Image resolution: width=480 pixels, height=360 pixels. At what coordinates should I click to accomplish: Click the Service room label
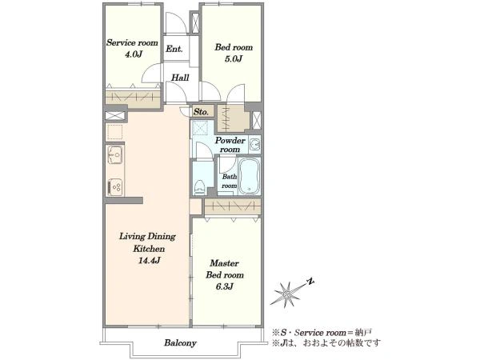pos(132,42)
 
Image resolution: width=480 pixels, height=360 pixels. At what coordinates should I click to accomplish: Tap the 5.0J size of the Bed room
pos(234,58)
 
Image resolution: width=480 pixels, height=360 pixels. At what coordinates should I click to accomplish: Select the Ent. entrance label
pos(174,49)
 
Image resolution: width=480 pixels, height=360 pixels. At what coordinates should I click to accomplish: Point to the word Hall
pos(180,78)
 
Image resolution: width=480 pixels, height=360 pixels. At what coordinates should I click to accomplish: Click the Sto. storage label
pos(201,112)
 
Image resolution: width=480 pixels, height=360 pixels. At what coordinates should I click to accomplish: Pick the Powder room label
pos(230,145)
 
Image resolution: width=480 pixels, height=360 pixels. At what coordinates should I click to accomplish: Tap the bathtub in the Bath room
pos(249,176)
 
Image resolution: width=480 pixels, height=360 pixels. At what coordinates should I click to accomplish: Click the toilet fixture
pos(199,186)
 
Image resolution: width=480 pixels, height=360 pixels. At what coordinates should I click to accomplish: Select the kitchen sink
pos(115,154)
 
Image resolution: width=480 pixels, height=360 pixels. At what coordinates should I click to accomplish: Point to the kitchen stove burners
pos(115,187)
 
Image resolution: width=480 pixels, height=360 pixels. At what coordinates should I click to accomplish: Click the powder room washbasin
pos(254,144)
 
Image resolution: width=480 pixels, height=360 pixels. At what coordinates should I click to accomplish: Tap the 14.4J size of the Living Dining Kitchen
pos(149,261)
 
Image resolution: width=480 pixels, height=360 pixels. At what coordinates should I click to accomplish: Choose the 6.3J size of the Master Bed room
pos(225,286)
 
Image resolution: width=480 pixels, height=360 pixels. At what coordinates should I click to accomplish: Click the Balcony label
pos(180,342)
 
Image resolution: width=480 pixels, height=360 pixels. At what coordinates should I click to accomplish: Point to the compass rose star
pos(287,294)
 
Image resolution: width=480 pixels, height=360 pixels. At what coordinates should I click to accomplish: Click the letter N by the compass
pos(311,282)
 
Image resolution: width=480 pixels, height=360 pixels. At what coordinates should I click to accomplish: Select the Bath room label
pos(230,182)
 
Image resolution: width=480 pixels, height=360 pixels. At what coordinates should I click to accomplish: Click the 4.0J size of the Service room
pos(134,54)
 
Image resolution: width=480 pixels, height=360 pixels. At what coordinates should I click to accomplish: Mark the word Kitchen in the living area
pos(149,249)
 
